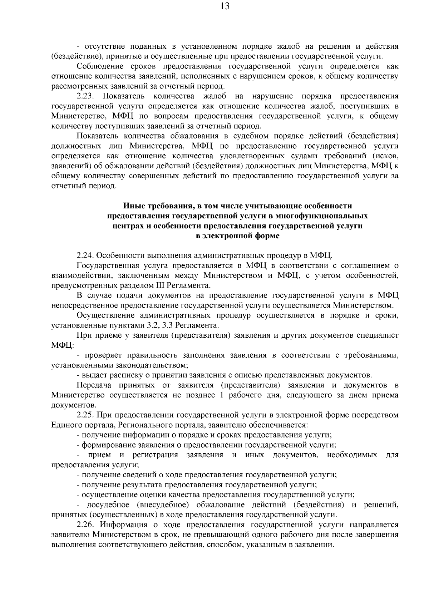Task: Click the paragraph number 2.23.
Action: (85, 96)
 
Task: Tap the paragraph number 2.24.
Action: (85, 256)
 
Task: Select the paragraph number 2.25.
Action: (85, 415)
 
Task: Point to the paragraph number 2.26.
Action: (85, 525)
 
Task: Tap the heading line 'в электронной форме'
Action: (238, 236)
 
